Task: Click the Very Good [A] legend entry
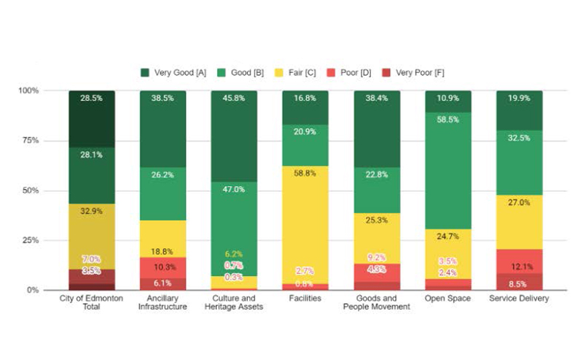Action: click(173, 72)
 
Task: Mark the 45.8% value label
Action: click(234, 98)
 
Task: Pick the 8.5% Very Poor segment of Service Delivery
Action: click(520, 282)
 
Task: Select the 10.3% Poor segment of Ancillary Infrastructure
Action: click(163, 267)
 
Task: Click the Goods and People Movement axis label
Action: click(377, 302)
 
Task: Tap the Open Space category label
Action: click(448, 298)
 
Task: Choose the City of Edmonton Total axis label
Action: click(91, 302)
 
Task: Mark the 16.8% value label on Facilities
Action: click(305, 98)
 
